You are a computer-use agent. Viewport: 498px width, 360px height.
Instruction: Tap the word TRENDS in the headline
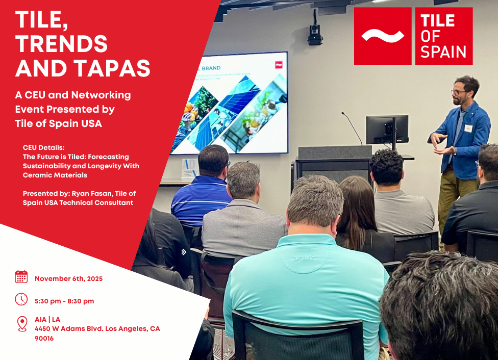coord(61,44)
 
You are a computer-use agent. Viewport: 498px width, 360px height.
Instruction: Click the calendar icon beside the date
coord(21,277)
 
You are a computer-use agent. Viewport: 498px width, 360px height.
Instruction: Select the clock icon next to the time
coord(21,299)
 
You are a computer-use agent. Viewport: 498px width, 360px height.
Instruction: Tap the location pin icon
coord(22,324)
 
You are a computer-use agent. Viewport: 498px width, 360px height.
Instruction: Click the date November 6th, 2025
coord(68,279)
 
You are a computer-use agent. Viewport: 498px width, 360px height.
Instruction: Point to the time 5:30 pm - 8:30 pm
coord(64,301)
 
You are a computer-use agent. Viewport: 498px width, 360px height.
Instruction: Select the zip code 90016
coord(44,339)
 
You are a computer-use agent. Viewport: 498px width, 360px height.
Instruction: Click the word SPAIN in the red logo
coord(443,52)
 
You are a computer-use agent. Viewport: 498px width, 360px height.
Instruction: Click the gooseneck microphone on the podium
coord(352,128)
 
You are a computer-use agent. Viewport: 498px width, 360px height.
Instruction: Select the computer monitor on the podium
coord(387,130)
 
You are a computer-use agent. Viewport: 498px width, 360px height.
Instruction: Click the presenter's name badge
coord(468,128)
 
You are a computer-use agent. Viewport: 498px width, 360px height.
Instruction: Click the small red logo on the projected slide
coord(279,65)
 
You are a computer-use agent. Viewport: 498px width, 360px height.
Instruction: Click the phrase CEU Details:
coord(43,147)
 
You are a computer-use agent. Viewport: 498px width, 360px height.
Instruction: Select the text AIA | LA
coord(47,319)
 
